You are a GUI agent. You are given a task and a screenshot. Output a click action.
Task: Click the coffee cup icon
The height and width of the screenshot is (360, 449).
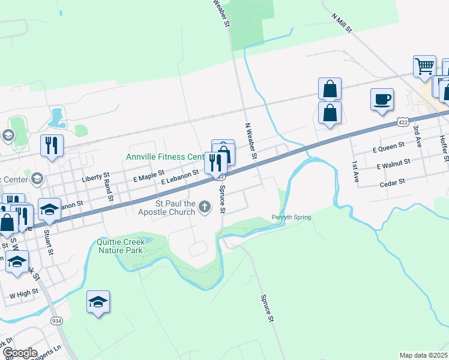pos(382,99)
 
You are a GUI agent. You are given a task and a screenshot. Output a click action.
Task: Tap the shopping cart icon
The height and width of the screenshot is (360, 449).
pos(424,66)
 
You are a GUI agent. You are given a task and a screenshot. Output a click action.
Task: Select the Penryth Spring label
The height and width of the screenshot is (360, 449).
pos(291,217)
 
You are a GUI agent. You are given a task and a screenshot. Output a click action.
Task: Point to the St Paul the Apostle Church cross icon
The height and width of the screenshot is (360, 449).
pos(205,208)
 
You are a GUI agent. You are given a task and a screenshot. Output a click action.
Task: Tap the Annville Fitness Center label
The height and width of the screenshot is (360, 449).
pos(166,157)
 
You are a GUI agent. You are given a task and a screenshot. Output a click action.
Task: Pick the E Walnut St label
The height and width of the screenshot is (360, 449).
pos(393,163)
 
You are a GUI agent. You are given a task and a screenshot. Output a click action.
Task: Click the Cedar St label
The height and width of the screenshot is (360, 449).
pos(393,180)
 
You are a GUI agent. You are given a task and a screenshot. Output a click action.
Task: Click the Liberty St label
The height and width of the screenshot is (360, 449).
pos(95,179)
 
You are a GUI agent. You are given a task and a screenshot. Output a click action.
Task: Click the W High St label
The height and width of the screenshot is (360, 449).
pos(24,293)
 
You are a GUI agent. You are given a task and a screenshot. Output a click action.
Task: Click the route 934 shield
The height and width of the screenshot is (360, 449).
pos(56,321)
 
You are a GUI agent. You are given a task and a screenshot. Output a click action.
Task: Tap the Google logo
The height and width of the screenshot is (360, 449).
pos(19,352)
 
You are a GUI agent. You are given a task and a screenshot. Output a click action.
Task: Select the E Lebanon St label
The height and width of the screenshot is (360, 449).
pos(180,176)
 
